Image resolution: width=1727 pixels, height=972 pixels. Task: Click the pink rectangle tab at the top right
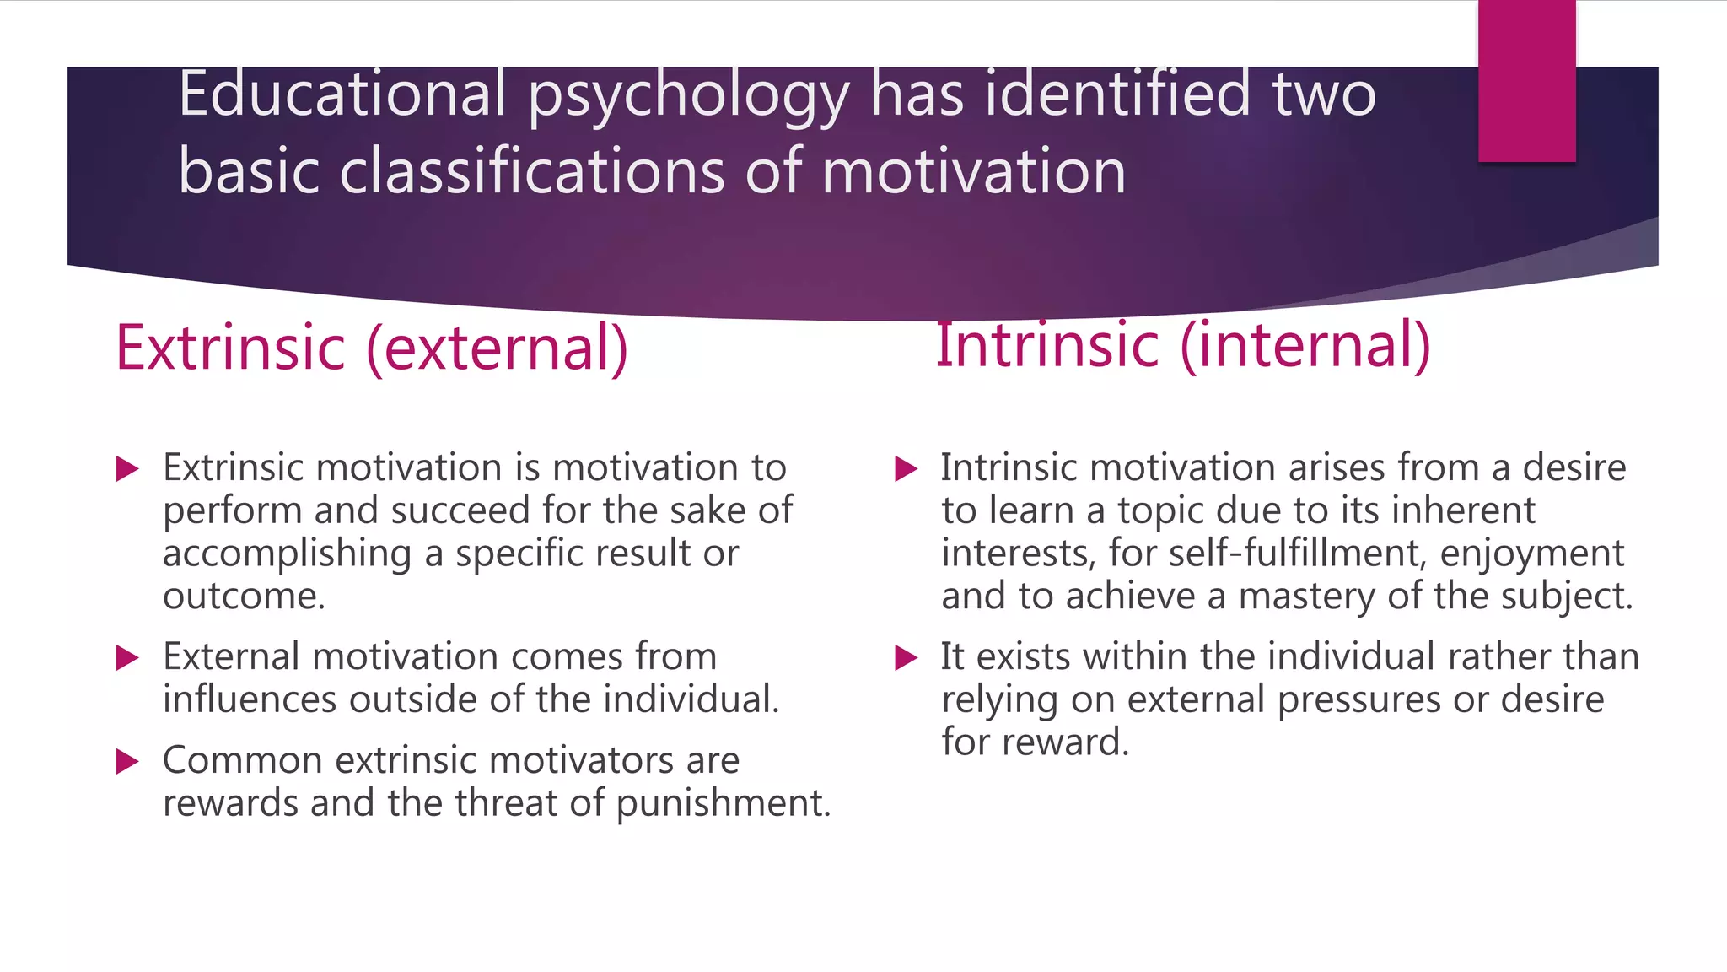coord(1526,80)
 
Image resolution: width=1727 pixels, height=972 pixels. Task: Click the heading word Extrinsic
coord(230,348)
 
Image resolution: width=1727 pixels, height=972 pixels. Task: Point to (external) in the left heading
coord(498,349)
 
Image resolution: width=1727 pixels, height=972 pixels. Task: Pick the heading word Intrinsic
coord(1048,345)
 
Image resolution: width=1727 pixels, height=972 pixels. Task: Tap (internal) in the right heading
coord(1305,346)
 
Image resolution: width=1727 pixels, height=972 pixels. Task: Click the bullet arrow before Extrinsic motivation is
coord(126,468)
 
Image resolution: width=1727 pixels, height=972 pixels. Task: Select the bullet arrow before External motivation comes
coord(126,657)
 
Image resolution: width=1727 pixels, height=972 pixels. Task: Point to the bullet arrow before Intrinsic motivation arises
coord(905,468)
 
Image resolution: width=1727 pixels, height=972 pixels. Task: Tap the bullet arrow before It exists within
coord(905,657)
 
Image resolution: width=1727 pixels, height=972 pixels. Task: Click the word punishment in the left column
coord(724,804)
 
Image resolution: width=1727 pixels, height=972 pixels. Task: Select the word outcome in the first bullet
coord(243,597)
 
